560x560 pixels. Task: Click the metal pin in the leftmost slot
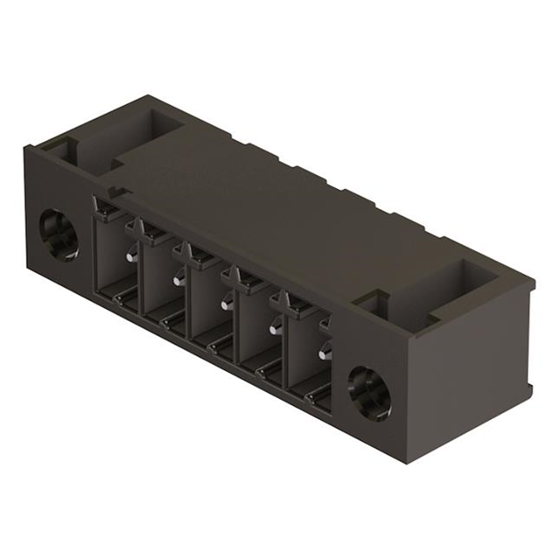[x=131, y=255]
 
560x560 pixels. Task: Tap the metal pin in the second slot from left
[x=179, y=279]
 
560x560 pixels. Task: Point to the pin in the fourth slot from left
[x=276, y=327]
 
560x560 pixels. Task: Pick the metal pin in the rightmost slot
[x=325, y=353]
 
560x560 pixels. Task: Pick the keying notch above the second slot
[x=151, y=230]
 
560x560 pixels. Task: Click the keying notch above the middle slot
[x=198, y=254]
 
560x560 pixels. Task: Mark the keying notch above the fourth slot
[x=245, y=278]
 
